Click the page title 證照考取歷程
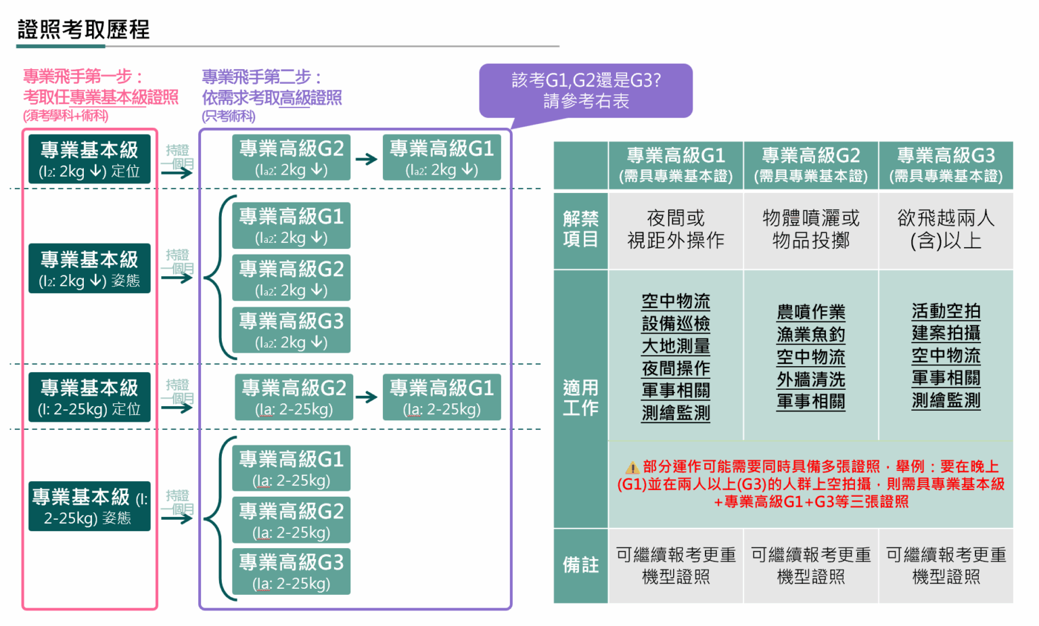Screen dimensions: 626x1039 (x=83, y=30)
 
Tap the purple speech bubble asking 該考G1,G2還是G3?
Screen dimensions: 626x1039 (x=586, y=91)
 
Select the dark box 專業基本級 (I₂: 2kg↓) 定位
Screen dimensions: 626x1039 (x=89, y=159)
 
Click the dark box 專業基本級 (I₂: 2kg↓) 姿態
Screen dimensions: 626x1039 (x=89, y=269)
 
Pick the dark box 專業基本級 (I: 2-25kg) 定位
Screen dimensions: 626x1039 (x=89, y=397)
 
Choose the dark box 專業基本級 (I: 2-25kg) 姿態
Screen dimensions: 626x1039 (x=89, y=506)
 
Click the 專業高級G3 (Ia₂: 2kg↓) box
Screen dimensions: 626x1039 (x=292, y=330)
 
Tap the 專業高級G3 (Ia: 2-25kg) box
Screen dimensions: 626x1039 (x=292, y=572)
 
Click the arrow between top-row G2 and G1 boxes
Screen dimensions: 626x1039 (x=367, y=160)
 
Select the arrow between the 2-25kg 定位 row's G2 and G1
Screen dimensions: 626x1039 (x=367, y=397)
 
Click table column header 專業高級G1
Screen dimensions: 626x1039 (x=676, y=165)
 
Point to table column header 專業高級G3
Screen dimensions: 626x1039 (x=946, y=165)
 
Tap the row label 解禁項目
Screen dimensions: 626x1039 (x=580, y=229)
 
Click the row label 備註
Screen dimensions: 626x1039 (x=580, y=565)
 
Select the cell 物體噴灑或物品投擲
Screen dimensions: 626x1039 (x=811, y=229)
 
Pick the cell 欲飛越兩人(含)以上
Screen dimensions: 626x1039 (x=946, y=229)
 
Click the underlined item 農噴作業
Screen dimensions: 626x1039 (x=811, y=312)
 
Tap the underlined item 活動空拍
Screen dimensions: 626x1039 (x=946, y=311)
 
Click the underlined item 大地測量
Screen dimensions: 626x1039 (x=676, y=346)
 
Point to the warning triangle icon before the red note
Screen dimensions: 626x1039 (x=632, y=468)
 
